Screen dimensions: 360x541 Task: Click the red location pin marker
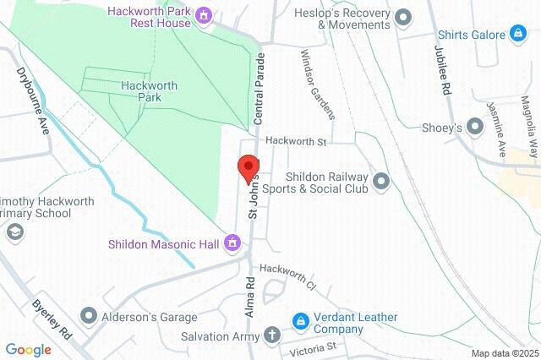[249, 168]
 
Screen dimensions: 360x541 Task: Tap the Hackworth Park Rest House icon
[203, 15]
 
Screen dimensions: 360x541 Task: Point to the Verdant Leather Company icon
[300, 321]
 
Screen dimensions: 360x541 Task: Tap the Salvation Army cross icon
[271, 335]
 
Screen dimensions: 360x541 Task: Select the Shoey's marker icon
[475, 127]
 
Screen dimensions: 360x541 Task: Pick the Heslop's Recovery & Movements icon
[403, 16]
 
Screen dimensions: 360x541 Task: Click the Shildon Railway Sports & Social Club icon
[381, 181]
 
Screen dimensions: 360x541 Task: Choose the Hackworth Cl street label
[287, 277]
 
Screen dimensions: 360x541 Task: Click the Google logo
[29, 349]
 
